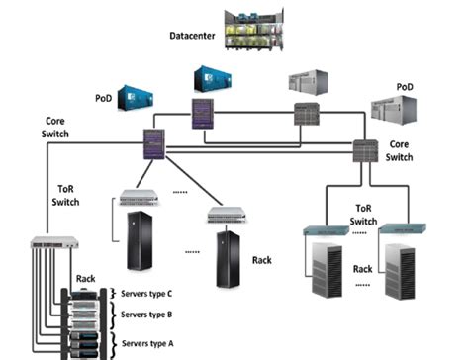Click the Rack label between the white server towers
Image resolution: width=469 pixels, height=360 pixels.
[x=363, y=269]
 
